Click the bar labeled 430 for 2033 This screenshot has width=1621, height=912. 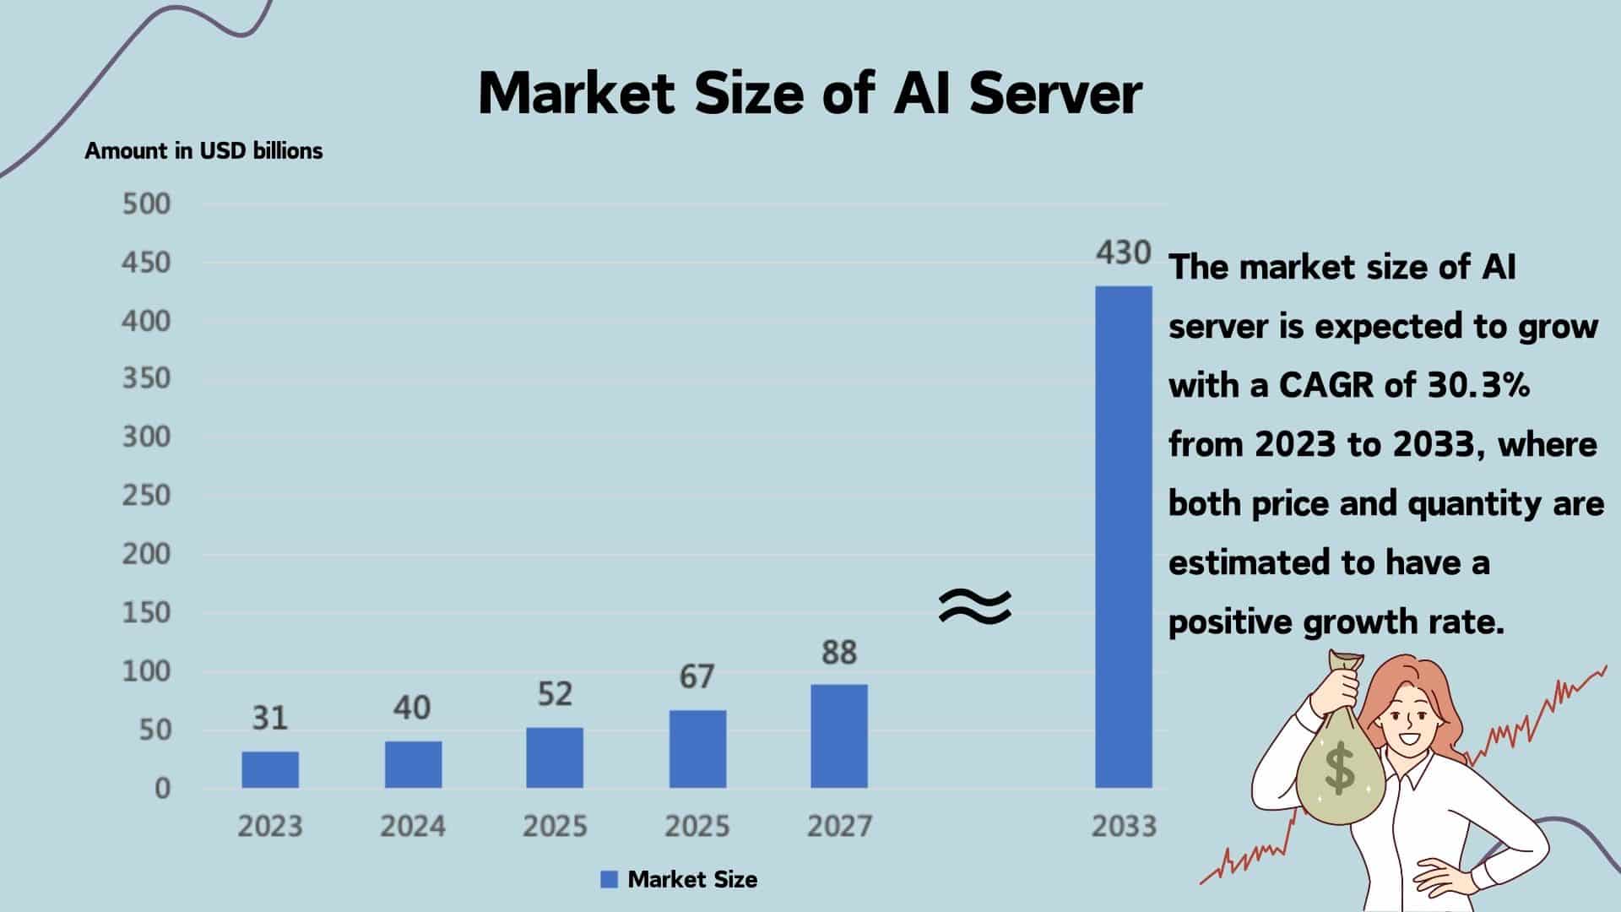pyautogui.click(x=1124, y=537)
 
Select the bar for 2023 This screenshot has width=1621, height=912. pyautogui.click(x=270, y=769)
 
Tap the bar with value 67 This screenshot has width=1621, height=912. pyautogui.click(x=697, y=749)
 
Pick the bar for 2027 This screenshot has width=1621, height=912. pyautogui.click(x=839, y=736)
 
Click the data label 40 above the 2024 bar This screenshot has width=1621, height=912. pyautogui.click(x=412, y=708)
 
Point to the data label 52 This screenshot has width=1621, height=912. pyautogui.click(x=555, y=694)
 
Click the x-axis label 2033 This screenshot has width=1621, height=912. pyautogui.click(x=1124, y=826)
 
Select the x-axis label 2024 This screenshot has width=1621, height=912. pyautogui.click(x=412, y=826)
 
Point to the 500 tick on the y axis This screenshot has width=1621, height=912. pyautogui.click(x=146, y=204)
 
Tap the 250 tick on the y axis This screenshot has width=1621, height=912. pyautogui.click(x=146, y=496)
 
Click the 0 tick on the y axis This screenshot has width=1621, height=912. pyautogui.click(x=162, y=789)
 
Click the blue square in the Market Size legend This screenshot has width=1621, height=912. pyautogui.click(x=609, y=880)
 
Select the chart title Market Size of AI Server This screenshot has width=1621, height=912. pyautogui.click(x=810, y=93)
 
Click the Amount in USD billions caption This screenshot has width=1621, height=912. pyautogui.click(x=203, y=151)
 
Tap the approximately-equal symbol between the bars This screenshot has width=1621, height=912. pyautogui.click(x=975, y=606)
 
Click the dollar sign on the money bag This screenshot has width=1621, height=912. pyautogui.click(x=1339, y=768)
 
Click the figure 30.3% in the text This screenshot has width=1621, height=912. pyautogui.click(x=1479, y=386)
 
